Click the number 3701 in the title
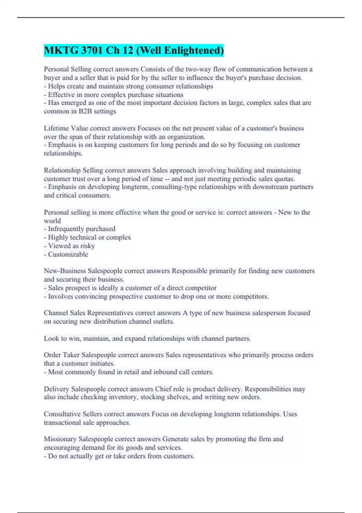93,50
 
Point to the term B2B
85,111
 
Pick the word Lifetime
56,128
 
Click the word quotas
285,179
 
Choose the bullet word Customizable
68,254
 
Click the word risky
87,246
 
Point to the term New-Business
65,271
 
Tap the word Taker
71,355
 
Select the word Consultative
62,414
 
